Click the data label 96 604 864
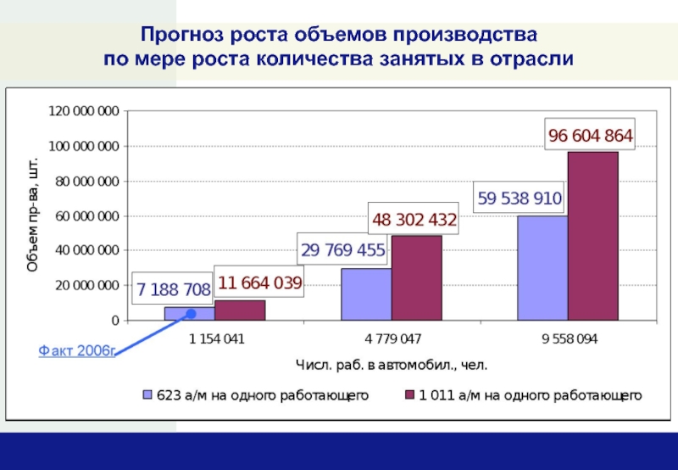tap(590, 136)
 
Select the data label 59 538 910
tap(520, 199)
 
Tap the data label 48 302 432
tap(414, 221)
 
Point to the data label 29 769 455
tap(342, 250)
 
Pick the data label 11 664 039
tap(260, 283)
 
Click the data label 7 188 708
tap(174, 290)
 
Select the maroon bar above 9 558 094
tap(592, 236)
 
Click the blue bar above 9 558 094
tap(542, 268)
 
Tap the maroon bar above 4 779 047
tap(416, 278)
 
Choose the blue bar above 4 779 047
tap(365, 294)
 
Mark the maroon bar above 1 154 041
tap(240, 311)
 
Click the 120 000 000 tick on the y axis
tap(84, 111)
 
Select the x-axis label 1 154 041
tap(216, 339)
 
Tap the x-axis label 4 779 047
tap(392, 339)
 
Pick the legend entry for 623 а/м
tap(254, 395)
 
